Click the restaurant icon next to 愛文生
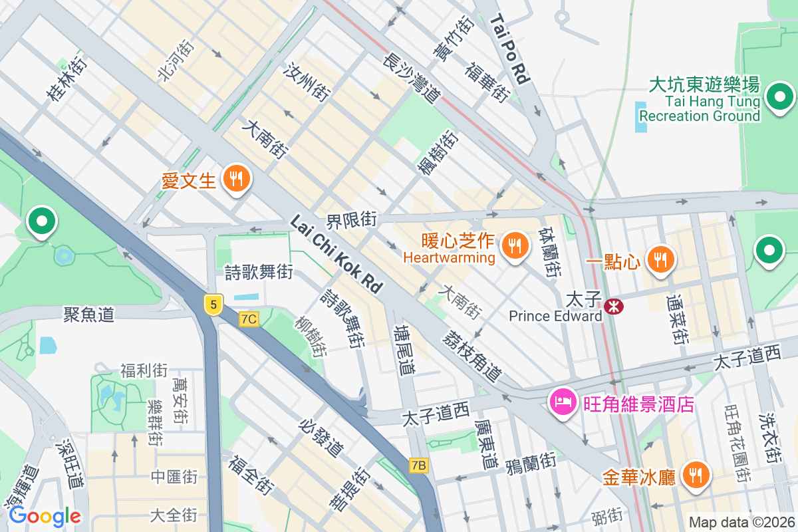(235, 178)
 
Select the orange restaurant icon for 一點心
(660, 259)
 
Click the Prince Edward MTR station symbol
(613, 305)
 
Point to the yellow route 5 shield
(212, 305)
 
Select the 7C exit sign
(249, 319)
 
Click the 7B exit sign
(418, 465)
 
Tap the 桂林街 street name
(66, 79)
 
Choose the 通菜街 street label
(678, 319)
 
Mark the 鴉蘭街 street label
(530, 461)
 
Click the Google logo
(45, 515)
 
